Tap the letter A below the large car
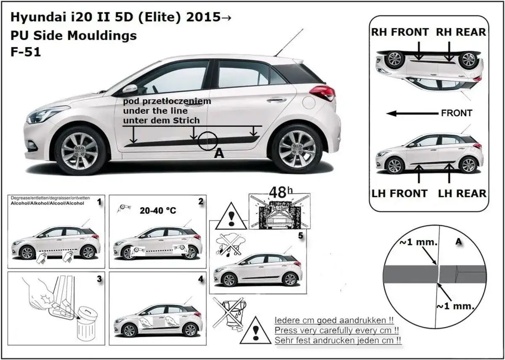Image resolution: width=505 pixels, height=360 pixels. tap(219, 154)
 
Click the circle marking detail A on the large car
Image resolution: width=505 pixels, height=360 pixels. tap(207, 140)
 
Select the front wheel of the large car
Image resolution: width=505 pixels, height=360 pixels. tap(80, 150)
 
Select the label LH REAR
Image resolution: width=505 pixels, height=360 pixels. tap(462, 194)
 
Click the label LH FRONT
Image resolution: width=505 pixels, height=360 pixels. tap(399, 194)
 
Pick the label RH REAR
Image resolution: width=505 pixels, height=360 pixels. tap(460, 32)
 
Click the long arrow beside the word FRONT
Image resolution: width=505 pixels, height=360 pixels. tap(413, 113)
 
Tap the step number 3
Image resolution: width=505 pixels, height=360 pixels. tap(99, 279)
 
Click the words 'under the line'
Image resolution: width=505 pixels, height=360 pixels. tap(151, 111)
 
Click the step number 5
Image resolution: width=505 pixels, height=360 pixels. tap(300, 236)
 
